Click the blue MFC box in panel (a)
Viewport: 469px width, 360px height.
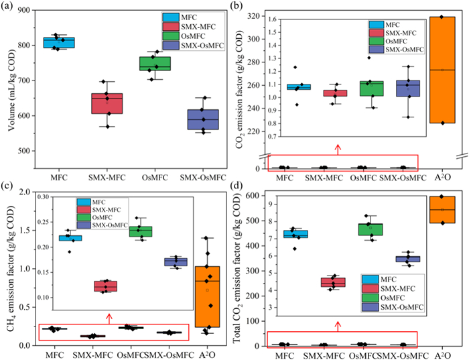78,43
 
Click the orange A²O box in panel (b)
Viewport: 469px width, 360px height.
442,70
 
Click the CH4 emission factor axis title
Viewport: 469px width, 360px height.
7,268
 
